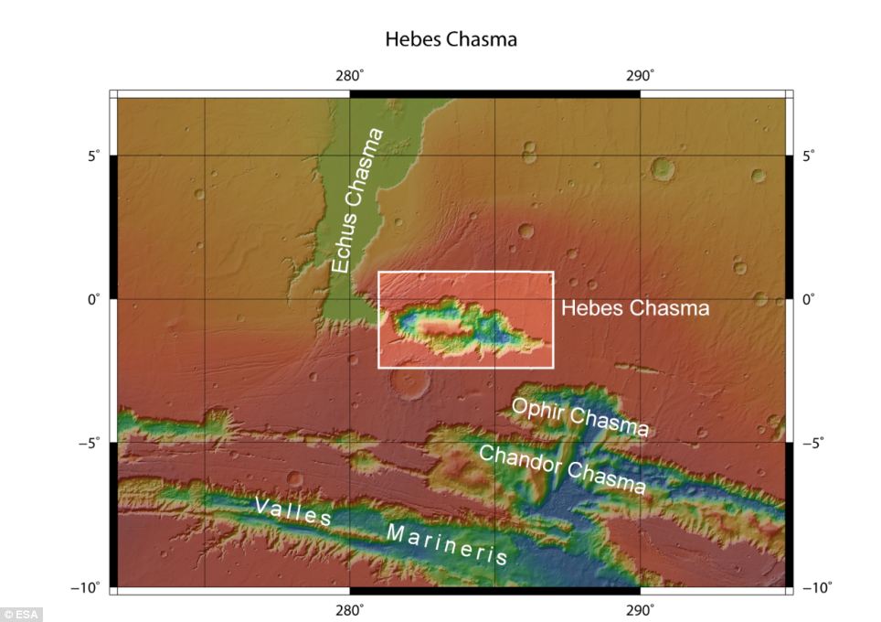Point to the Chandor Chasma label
coord(562,469)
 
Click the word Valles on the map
coord(293,511)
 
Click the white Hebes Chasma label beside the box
coord(634,308)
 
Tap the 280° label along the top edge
coord(349,74)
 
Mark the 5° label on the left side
coord(92,155)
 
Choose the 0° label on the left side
coord(92,299)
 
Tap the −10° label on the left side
coord(89,586)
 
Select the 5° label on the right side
coord(809,155)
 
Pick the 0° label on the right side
coord(809,299)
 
